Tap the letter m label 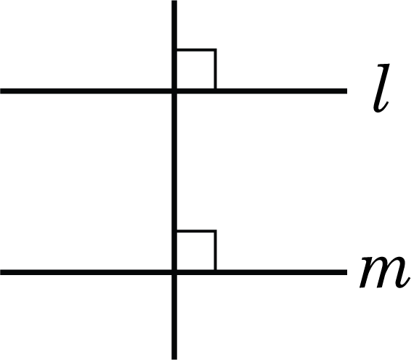[385, 272]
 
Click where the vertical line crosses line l [174, 91]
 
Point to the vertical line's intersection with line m [174, 272]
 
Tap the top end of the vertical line [174, 1]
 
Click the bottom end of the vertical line [174, 359]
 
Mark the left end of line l [1, 91]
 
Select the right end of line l [346, 91]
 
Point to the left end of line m [1, 272]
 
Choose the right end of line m [346, 272]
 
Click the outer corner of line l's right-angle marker [216, 49]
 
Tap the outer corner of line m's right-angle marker [216, 232]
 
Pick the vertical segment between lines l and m [174, 182]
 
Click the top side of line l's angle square [196, 49]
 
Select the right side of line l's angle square [216, 69]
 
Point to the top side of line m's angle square [196, 232]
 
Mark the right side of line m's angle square [216, 250]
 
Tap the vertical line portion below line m [174, 317]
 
